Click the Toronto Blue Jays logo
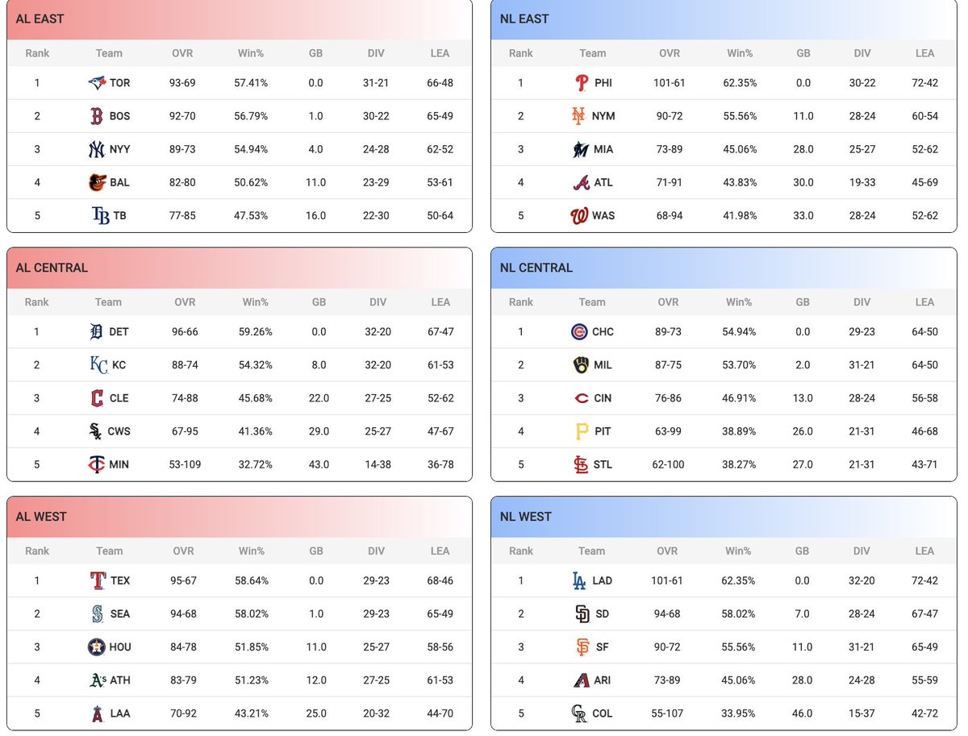point(97,82)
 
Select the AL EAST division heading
point(40,19)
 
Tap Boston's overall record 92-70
point(182,116)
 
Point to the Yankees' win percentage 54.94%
point(251,149)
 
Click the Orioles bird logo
point(97,182)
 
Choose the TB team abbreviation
point(119,215)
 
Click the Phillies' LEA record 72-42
point(924,82)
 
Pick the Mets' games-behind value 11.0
point(803,116)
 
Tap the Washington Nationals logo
point(579,215)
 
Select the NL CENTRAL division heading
point(536,268)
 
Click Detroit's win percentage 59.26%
point(255,331)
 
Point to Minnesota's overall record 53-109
point(185,464)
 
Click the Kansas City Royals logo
point(98,364)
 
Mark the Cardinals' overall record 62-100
point(668,464)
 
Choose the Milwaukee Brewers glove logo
point(580,364)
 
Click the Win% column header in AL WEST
point(252,551)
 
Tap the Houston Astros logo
point(97,647)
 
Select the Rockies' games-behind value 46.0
point(802,713)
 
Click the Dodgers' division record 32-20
point(862,580)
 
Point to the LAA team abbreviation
point(120,713)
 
